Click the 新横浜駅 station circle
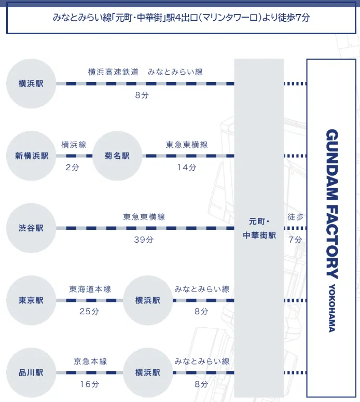coord(31,156)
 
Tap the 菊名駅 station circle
coord(117,156)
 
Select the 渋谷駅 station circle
coord(31,228)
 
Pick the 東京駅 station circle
coord(31,300)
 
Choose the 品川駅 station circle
coord(31,373)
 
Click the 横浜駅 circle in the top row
coord(31,84)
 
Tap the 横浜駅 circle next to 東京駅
coord(148,300)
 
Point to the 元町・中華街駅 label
coord(259,228)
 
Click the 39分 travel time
coord(144,240)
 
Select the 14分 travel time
coord(187,168)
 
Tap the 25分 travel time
coord(89,312)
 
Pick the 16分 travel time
coord(89,384)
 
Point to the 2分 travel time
coord(72,168)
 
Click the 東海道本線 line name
coord(90,289)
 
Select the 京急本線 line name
coord(90,362)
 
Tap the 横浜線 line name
coord(74,145)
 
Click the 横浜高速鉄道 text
coord(113,72)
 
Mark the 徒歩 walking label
coord(295,217)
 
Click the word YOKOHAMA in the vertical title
coord(332,308)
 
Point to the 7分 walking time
coord(295,240)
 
